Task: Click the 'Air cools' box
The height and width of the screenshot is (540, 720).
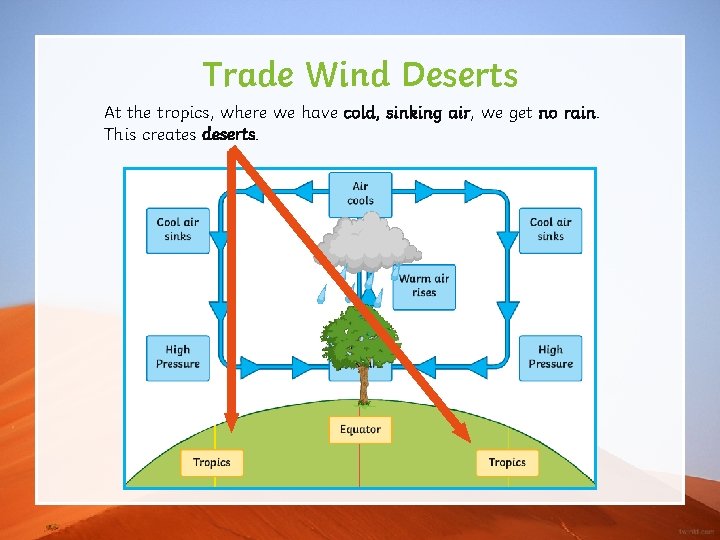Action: (360, 194)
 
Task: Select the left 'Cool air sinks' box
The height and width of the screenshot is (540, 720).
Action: (178, 230)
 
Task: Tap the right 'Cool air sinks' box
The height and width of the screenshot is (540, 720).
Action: (550, 230)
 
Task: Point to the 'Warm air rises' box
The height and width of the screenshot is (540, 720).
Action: (424, 286)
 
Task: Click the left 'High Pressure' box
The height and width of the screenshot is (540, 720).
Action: (178, 357)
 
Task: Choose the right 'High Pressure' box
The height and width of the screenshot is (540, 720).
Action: (550, 357)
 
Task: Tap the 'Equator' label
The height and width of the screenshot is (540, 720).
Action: (360, 430)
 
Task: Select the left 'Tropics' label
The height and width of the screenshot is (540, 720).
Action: (211, 462)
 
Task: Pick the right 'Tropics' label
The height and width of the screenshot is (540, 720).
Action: (507, 462)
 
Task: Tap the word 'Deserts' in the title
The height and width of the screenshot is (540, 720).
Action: (461, 75)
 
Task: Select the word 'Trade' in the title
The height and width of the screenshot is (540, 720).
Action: (249, 75)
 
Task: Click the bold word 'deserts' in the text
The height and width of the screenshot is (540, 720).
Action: (229, 134)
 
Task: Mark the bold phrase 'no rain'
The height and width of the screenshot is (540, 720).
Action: (567, 113)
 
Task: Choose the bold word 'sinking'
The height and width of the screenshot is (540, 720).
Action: (415, 113)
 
